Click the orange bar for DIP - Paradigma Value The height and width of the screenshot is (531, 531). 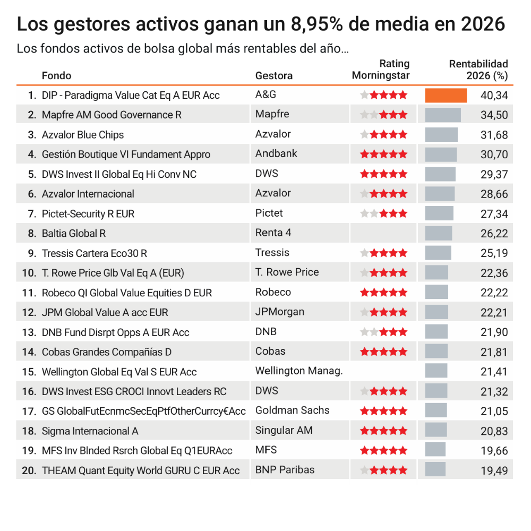446,95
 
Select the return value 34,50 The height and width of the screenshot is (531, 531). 494,115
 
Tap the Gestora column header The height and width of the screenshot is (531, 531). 273,75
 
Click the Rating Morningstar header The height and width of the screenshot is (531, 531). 381,70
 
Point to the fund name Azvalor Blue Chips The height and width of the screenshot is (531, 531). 83,135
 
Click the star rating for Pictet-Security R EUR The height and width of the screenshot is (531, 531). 383,213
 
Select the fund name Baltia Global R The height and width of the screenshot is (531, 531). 74,233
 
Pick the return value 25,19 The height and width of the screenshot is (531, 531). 494,253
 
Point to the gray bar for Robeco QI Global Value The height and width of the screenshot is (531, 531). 436,292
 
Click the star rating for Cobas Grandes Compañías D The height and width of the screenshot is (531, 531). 383,352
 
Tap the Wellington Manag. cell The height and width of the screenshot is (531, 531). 299,371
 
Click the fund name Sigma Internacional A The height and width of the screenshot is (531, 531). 90,431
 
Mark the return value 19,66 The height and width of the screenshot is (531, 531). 494,451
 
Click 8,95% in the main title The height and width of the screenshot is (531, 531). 316,24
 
